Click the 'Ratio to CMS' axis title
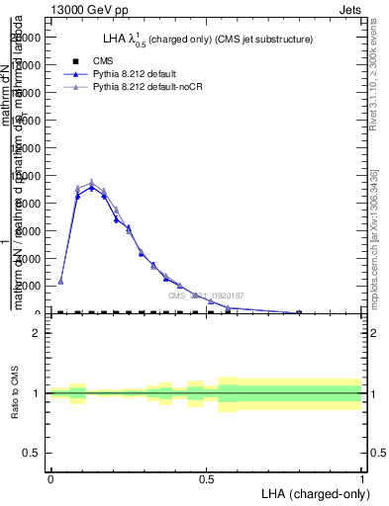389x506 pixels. pyautogui.click(x=15, y=393)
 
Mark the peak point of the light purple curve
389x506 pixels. pyautogui.click(x=92, y=182)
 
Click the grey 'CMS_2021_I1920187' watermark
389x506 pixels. pyautogui.click(x=206, y=295)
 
